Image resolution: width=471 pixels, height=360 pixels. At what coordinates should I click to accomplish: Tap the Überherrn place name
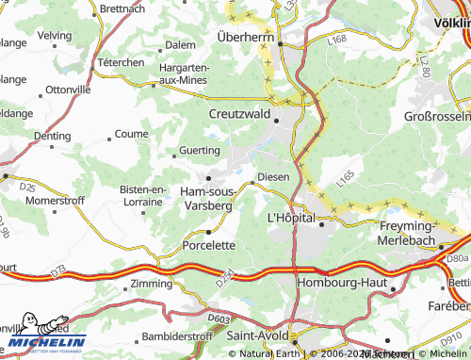(x=245, y=37)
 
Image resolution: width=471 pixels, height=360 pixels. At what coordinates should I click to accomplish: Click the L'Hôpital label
(x=292, y=218)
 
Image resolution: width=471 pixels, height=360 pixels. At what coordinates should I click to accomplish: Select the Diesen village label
(x=272, y=177)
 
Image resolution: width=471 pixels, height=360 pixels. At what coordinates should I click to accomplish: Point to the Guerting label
(x=199, y=150)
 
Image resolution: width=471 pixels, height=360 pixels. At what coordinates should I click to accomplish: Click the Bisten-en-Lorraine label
(x=143, y=196)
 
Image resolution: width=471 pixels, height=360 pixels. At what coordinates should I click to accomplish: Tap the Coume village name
(x=131, y=135)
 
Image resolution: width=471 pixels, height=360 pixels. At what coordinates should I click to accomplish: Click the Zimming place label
(x=152, y=283)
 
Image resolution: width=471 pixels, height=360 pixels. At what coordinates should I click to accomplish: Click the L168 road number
(x=337, y=41)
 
